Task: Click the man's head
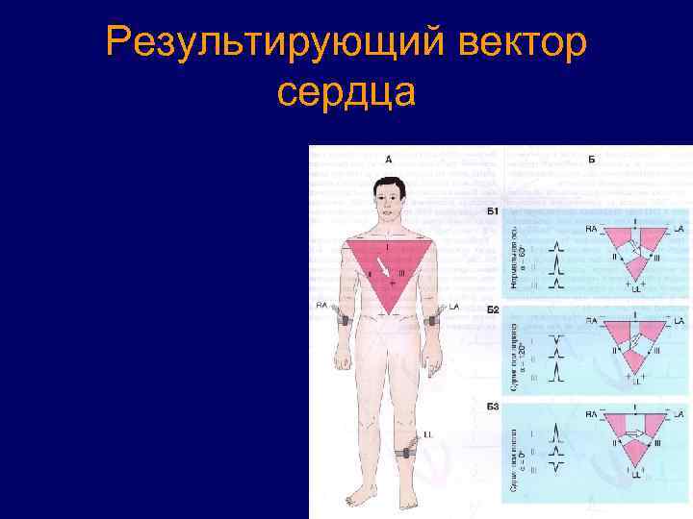pos(388,198)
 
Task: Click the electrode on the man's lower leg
pos(407,450)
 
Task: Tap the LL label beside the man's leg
pos(426,434)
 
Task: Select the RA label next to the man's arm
pos(321,305)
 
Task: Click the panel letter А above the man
pos(389,159)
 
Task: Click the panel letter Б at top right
pos(590,158)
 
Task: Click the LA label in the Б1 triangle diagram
pos(679,229)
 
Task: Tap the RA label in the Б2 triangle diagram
pos(592,320)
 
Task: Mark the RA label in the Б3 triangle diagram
pos(592,413)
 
